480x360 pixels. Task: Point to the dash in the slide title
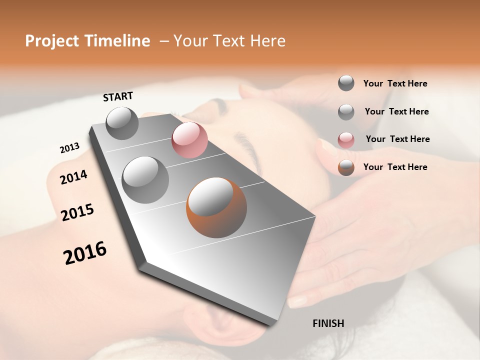tap(163, 41)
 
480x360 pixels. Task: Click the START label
tap(118, 96)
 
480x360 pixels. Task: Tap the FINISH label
tap(328, 323)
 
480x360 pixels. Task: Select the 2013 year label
tap(69, 148)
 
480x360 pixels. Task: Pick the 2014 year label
tap(73, 177)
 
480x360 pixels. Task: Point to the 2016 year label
tap(85, 252)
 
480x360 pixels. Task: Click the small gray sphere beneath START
tap(122, 123)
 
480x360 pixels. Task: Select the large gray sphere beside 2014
tap(145, 179)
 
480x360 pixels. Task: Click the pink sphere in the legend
tap(346, 140)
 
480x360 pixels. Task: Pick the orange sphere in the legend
tap(346, 167)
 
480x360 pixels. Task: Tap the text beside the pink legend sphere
tap(397, 139)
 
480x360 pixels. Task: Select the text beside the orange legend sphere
tap(395, 167)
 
